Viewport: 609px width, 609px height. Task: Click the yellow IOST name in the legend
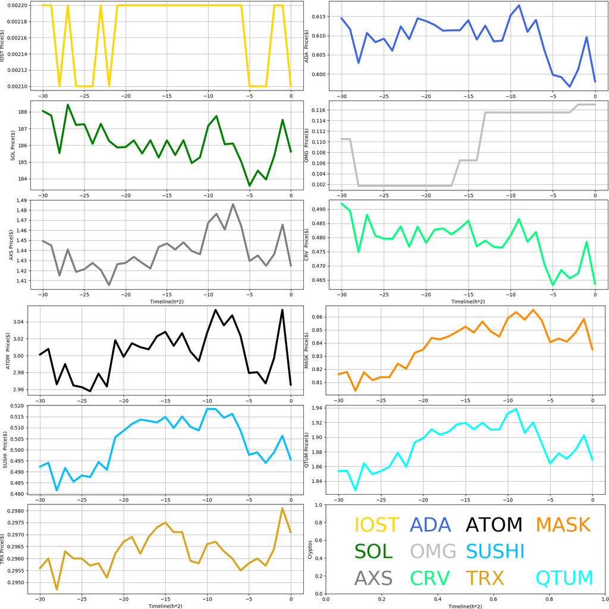coord(376,525)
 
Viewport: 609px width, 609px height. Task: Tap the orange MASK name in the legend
coord(563,525)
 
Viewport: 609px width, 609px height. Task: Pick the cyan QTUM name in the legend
coord(564,577)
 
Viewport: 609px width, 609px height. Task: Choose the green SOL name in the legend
coord(373,551)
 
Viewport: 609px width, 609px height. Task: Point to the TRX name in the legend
coord(484,577)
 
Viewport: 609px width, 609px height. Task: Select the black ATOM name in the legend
coord(494,525)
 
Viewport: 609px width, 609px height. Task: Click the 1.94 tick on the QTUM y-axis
coord(322,408)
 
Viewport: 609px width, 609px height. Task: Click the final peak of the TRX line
coord(282,508)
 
